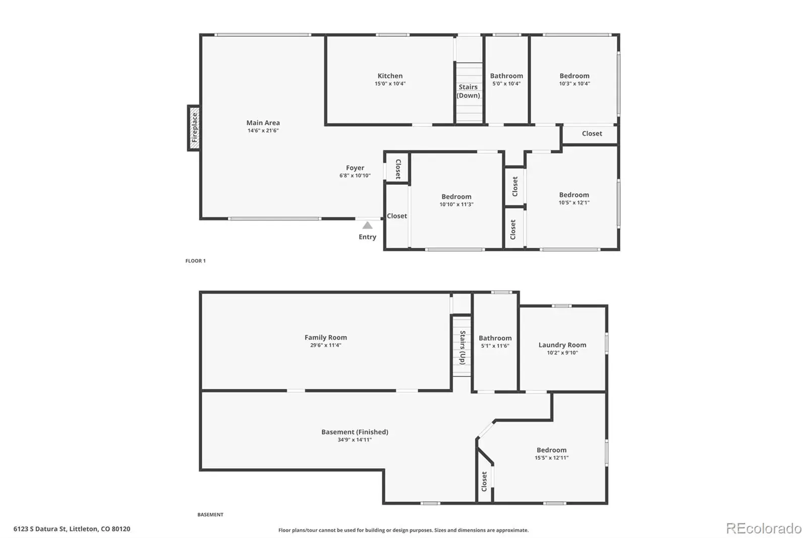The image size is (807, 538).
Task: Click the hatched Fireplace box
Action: click(194, 128)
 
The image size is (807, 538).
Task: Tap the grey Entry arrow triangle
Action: click(367, 226)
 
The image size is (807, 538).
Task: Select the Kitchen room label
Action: click(390, 76)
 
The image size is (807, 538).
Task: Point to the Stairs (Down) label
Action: click(468, 91)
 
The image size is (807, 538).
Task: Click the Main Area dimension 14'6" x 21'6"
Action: click(263, 131)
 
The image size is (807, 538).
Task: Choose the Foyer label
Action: click(355, 168)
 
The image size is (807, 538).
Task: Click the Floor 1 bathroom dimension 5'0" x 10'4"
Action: click(506, 84)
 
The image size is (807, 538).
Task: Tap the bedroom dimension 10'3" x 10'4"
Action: click(574, 84)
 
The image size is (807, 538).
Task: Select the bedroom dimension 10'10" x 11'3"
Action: click(456, 204)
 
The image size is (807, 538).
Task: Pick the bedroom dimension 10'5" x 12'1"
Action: click(574, 203)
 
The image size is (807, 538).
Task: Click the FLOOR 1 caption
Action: click(195, 261)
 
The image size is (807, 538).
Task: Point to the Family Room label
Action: click(326, 338)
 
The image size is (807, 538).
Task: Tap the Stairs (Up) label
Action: click(463, 348)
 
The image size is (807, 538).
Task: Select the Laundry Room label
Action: click(562, 345)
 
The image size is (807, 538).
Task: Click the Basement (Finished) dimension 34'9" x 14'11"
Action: click(355, 440)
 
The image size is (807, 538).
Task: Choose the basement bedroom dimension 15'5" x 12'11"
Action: click(551, 458)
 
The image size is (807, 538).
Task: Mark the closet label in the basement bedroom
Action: click(484, 481)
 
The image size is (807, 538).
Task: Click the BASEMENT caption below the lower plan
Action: click(210, 515)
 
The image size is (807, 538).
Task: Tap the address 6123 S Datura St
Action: click(40, 528)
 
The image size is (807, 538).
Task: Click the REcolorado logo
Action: click(764, 528)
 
